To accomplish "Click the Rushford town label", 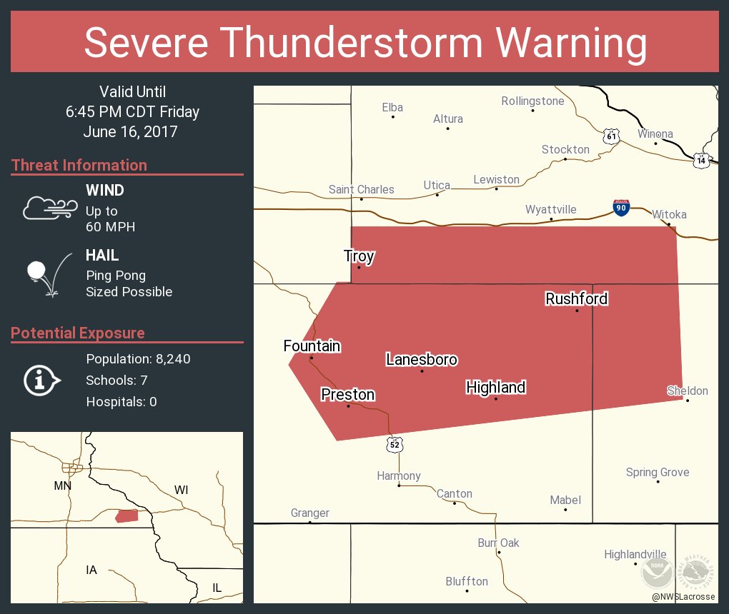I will pos(576,298).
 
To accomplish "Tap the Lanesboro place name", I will pos(422,360).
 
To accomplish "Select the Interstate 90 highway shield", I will pos(621,208).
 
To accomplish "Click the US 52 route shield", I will pos(395,444).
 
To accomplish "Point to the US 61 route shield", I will pos(610,136).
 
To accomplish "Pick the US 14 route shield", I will pos(701,160).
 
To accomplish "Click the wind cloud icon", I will pos(49,208).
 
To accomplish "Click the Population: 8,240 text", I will pos(138,359).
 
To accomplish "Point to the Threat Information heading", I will pos(79,166).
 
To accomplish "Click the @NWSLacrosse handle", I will pos(683,596).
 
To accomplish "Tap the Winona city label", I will pos(655,134).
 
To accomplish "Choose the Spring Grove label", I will pos(657,472).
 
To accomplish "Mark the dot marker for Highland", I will pos(495,398).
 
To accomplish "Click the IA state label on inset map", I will pos(91,570).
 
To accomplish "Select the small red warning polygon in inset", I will pos(127,515).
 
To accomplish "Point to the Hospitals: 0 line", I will pos(121,402).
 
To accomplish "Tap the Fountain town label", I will pos(312,346).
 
